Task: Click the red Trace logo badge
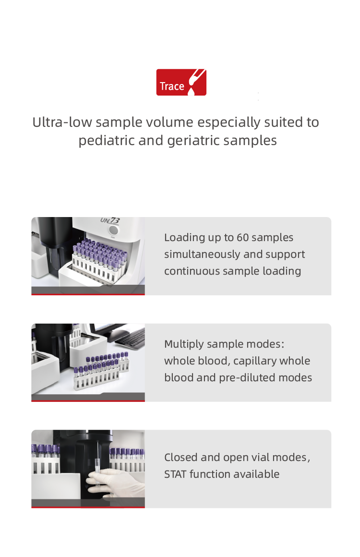coord(181,82)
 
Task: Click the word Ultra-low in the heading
coord(62,122)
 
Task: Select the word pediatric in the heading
coord(106,141)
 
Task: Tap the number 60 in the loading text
coord(243,237)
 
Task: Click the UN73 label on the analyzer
coord(110,220)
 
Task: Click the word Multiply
coord(184,344)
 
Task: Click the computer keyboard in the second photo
coord(130,339)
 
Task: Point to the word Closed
coord(181,458)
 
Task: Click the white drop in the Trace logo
coord(192,91)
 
